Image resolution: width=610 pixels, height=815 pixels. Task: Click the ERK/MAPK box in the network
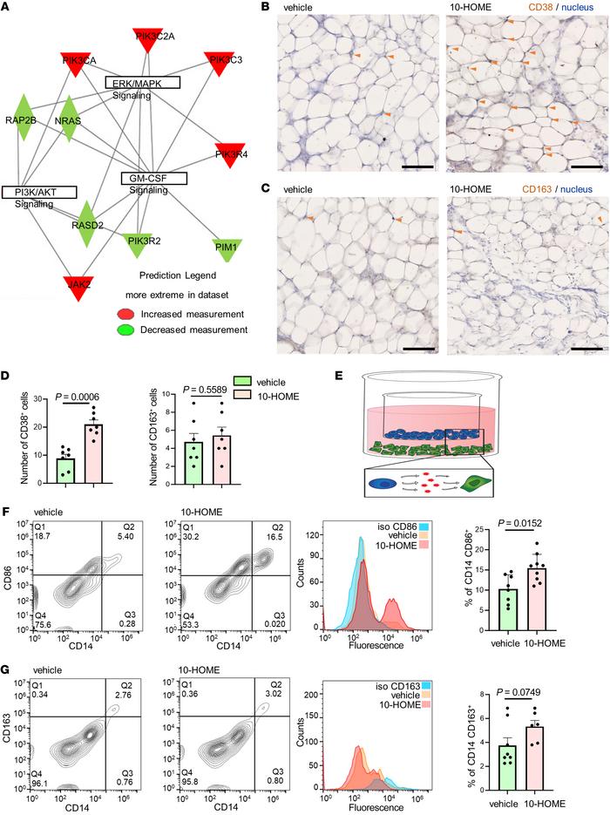tap(141, 82)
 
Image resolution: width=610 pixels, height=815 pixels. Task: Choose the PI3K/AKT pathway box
tap(39, 192)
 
